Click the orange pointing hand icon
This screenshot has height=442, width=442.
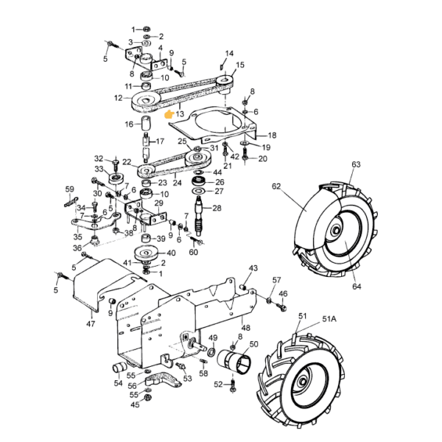169,114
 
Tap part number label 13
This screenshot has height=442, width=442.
180,114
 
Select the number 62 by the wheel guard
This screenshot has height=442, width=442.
276,186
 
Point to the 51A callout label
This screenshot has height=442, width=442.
329,319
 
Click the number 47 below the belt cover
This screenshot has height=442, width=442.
91,324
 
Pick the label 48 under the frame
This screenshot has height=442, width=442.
246,328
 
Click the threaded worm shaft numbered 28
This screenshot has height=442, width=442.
200,216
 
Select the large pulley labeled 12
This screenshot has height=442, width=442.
145,102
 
